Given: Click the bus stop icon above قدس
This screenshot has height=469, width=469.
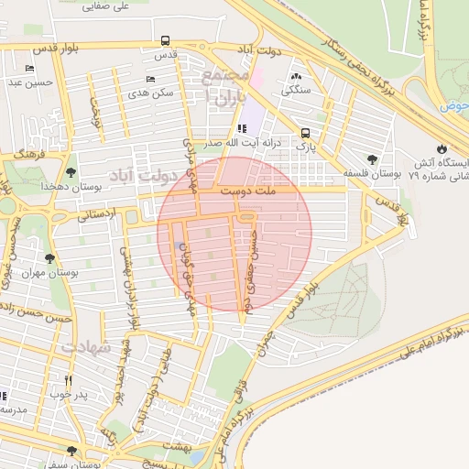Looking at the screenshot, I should coord(165,40).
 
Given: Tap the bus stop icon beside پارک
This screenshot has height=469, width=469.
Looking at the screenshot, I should coord(305,132).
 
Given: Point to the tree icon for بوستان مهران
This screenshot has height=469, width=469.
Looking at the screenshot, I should coord(49,258).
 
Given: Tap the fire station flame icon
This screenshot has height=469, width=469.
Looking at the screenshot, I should coord(442,148).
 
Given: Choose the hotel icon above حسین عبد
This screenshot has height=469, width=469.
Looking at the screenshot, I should coord(30,69).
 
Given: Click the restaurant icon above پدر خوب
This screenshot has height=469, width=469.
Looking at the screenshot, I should coord(68,380).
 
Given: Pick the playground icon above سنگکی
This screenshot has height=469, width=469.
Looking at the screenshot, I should coord(295,77).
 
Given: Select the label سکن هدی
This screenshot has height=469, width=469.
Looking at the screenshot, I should coord(151,93).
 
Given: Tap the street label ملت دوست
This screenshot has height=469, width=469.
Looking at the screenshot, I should coord(247,191).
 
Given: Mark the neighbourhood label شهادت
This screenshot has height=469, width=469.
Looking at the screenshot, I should coord(87,348).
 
